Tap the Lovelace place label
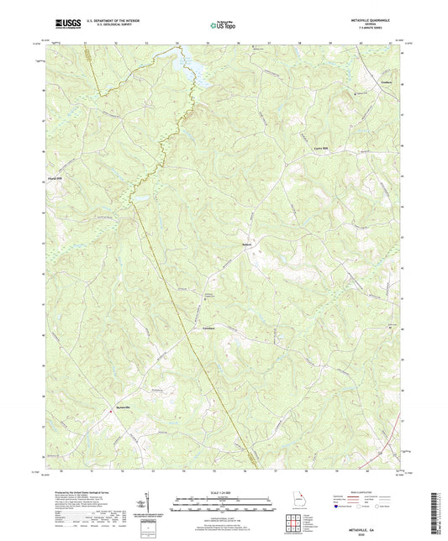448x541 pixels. (210, 327)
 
